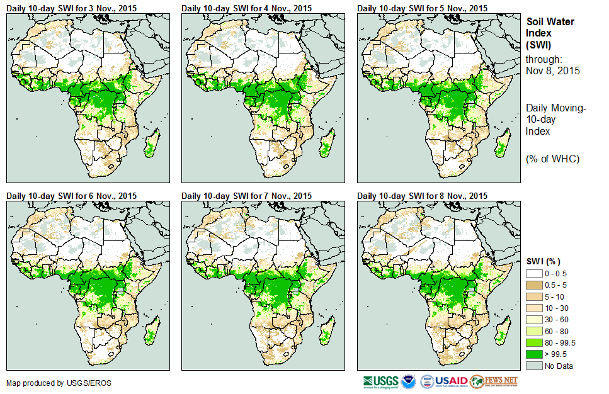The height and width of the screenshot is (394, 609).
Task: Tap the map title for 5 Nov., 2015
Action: pos(422,8)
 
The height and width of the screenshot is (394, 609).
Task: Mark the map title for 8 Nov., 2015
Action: pos(422,196)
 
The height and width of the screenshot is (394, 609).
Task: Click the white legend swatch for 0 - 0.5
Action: pos(534,273)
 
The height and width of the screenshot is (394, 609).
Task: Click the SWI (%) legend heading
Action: pos(544,261)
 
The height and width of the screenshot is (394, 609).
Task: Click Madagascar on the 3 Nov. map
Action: pos(150,146)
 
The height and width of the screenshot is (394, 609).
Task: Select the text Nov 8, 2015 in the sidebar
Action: pos(552,70)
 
